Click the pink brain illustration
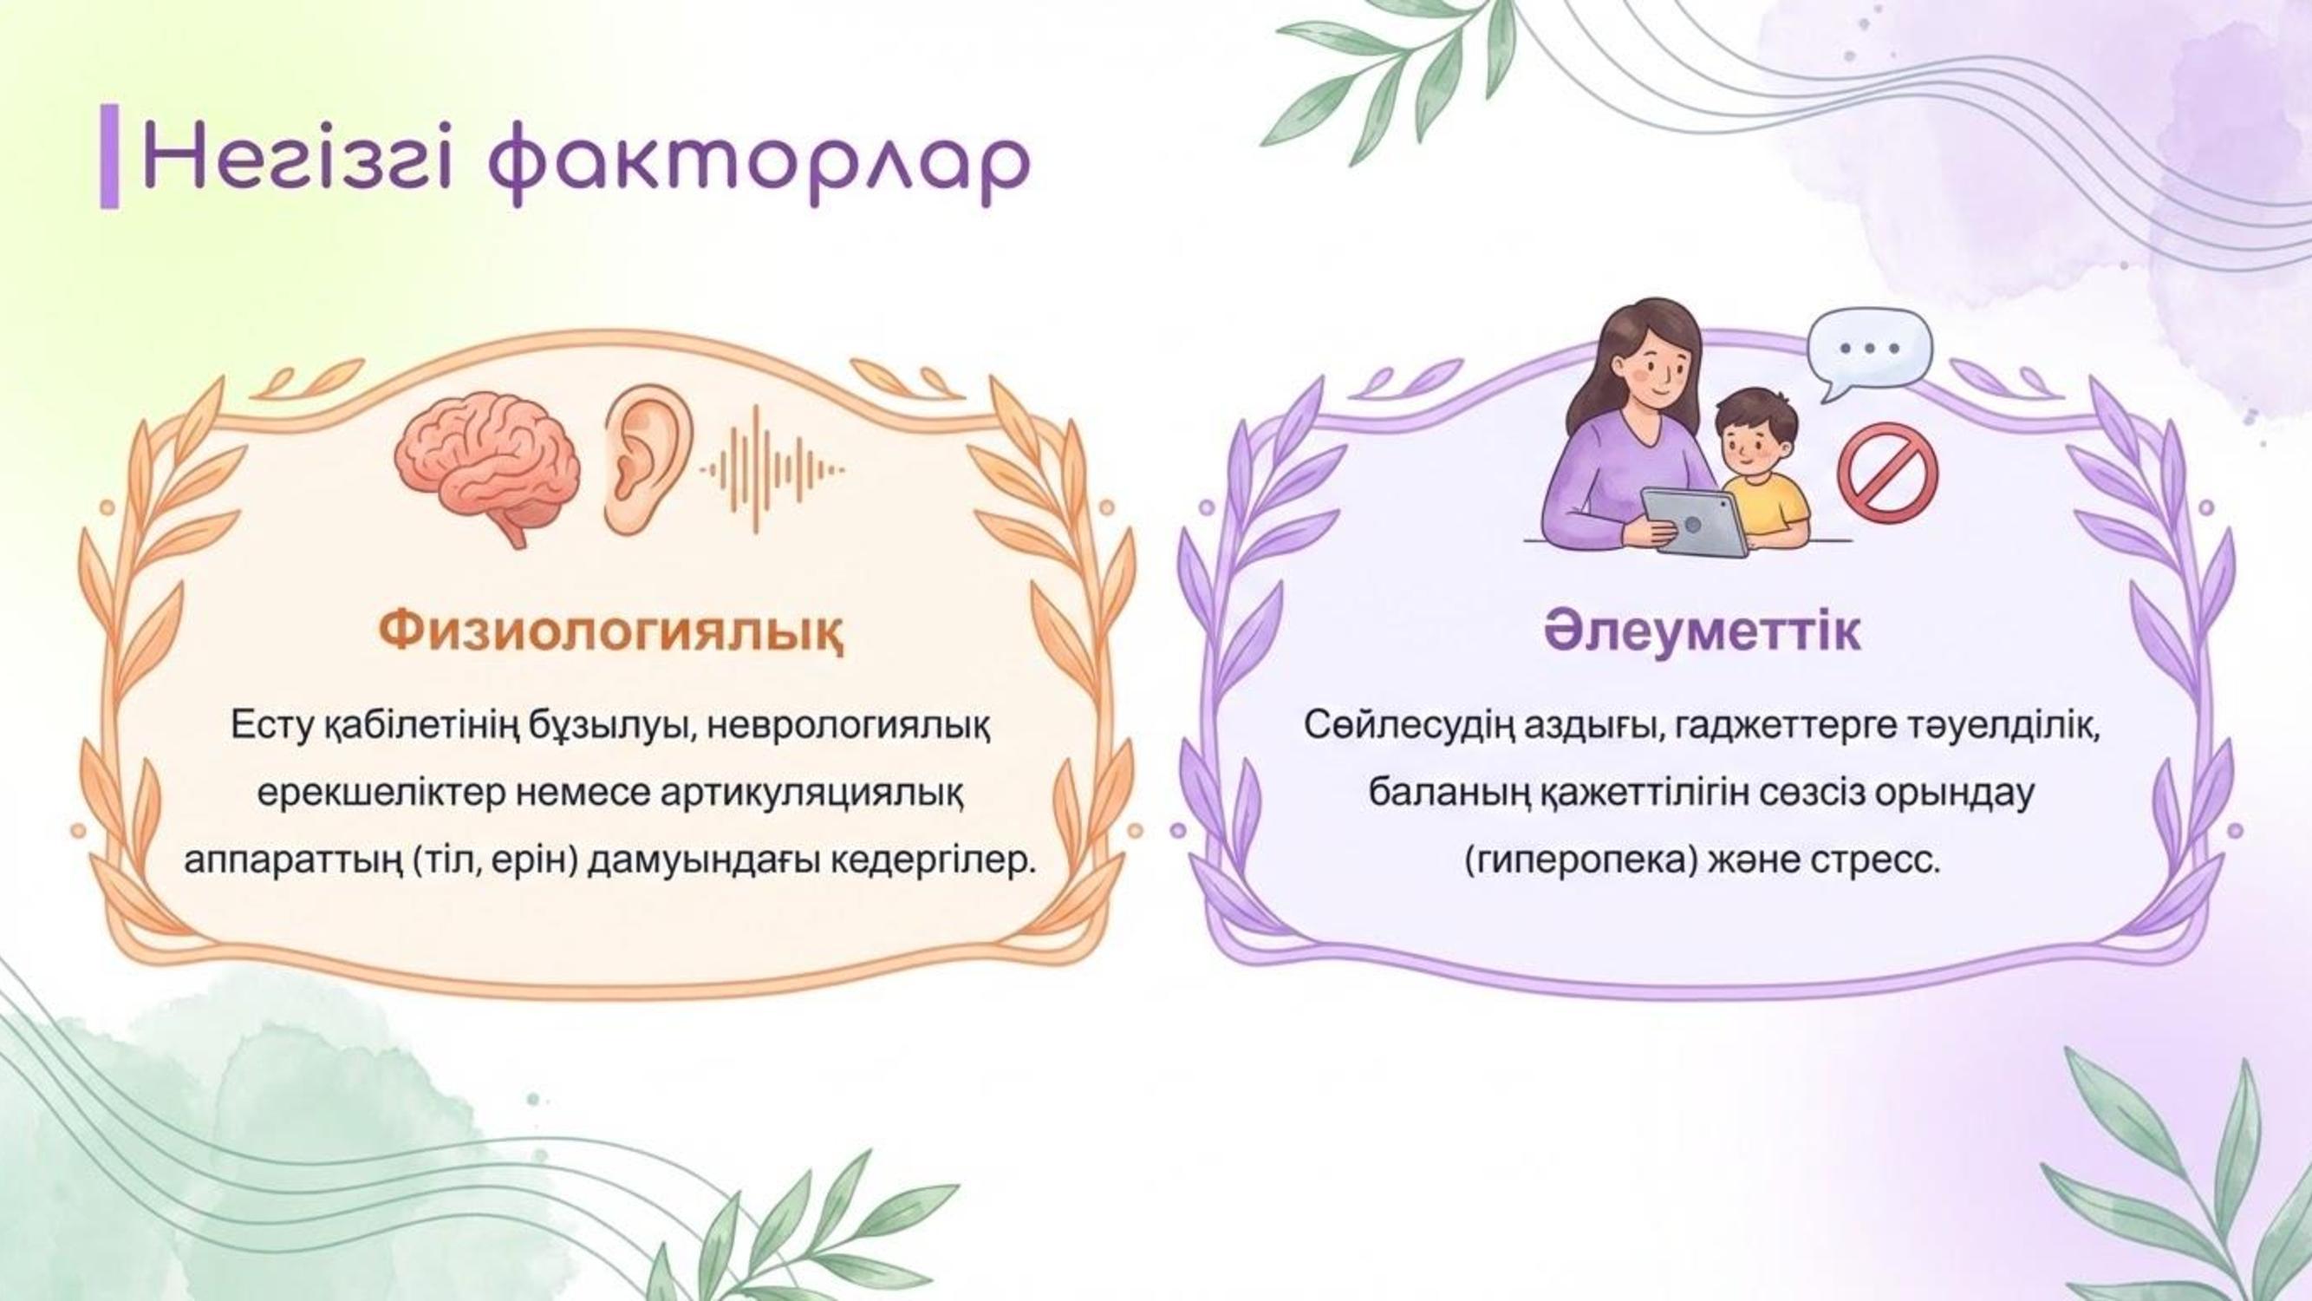pos(487,468)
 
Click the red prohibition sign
pos(1887,474)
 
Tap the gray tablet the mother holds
pos(1695,520)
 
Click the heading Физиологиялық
pos(610,632)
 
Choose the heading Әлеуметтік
pos(1702,632)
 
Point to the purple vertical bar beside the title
pos(109,156)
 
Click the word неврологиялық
pos(849,723)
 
